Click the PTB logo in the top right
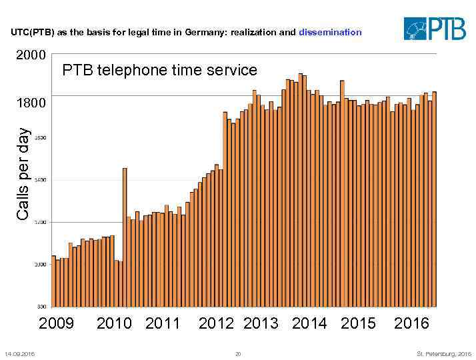(434, 29)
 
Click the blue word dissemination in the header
(330, 32)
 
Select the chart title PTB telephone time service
(159, 70)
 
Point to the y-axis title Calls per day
(23, 175)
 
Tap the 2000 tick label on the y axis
(31, 55)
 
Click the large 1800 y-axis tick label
(31, 103)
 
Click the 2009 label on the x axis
(57, 324)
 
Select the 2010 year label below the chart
(114, 324)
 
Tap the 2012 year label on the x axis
(216, 324)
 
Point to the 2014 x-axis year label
(309, 324)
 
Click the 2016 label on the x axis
(411, 324)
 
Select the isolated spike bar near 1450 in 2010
(125, 237)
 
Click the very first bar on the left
(54, 281)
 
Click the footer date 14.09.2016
(20, 353)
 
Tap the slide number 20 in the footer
(238, 353)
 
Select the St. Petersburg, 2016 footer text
(443, 353)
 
